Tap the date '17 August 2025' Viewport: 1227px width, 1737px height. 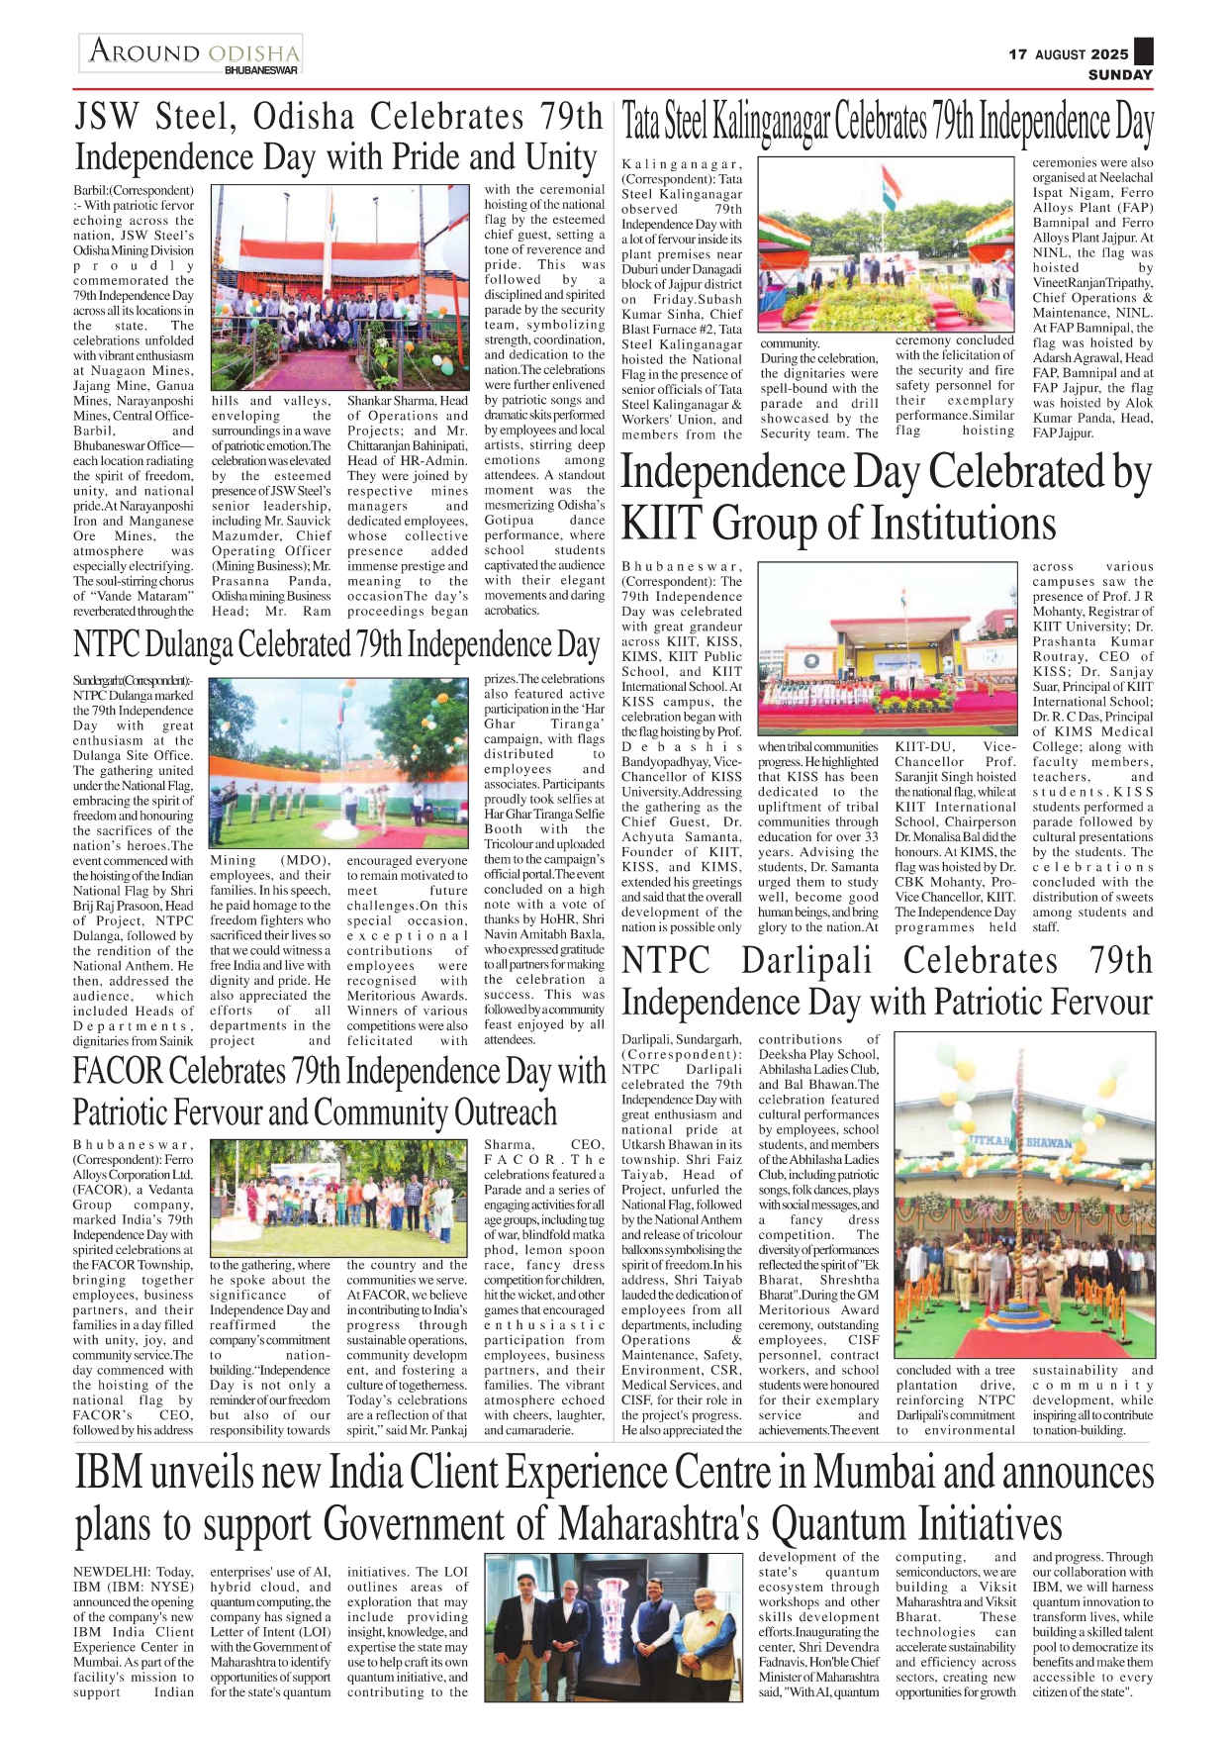pos(1068,54)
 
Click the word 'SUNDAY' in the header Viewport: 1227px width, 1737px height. pos(1120,74)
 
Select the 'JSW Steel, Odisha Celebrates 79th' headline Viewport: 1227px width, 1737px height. pos(338,118)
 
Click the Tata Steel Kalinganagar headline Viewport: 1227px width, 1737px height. pos(887,124)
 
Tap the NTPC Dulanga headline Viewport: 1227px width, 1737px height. pos(336,644)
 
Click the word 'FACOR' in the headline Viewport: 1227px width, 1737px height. pos(117,1071)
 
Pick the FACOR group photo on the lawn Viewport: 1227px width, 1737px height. pos(338,1199)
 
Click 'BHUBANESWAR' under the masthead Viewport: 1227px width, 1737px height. pos(261,71)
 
